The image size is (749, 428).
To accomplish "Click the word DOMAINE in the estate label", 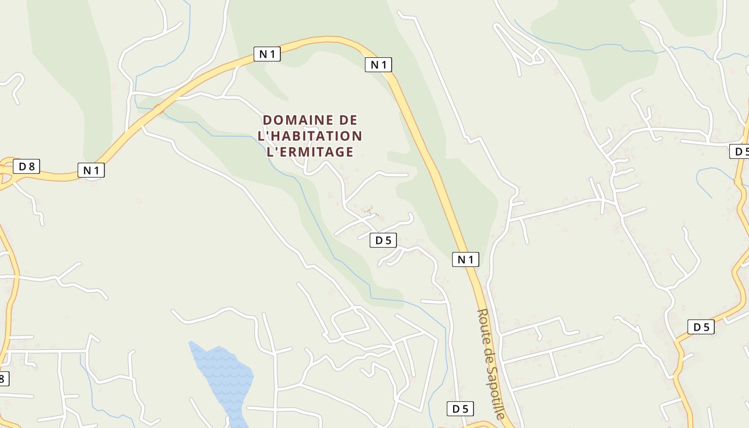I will (x=294, y=120).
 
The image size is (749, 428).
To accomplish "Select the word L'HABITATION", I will (x=310, y=136).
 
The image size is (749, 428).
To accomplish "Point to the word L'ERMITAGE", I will (x=310, y=152).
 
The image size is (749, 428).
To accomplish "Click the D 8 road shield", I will (x=26, y=166).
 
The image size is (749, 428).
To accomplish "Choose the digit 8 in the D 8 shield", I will (x=31, y=166).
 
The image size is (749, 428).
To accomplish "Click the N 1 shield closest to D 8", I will (x=91, y=171).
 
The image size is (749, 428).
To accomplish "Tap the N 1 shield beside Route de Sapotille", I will (x=465, y=259).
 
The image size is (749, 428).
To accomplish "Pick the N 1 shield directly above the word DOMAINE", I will (x=267, y=53).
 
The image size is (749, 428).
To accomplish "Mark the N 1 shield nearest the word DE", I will (x=378, y=65).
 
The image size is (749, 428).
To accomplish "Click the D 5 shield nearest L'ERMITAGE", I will (x=383, y=241).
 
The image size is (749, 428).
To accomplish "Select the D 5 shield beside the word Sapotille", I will (x=460, y=409).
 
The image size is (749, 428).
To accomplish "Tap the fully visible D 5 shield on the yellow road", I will (x=701, y=327).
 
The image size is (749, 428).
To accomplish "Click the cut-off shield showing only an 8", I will (x=3, y=379).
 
